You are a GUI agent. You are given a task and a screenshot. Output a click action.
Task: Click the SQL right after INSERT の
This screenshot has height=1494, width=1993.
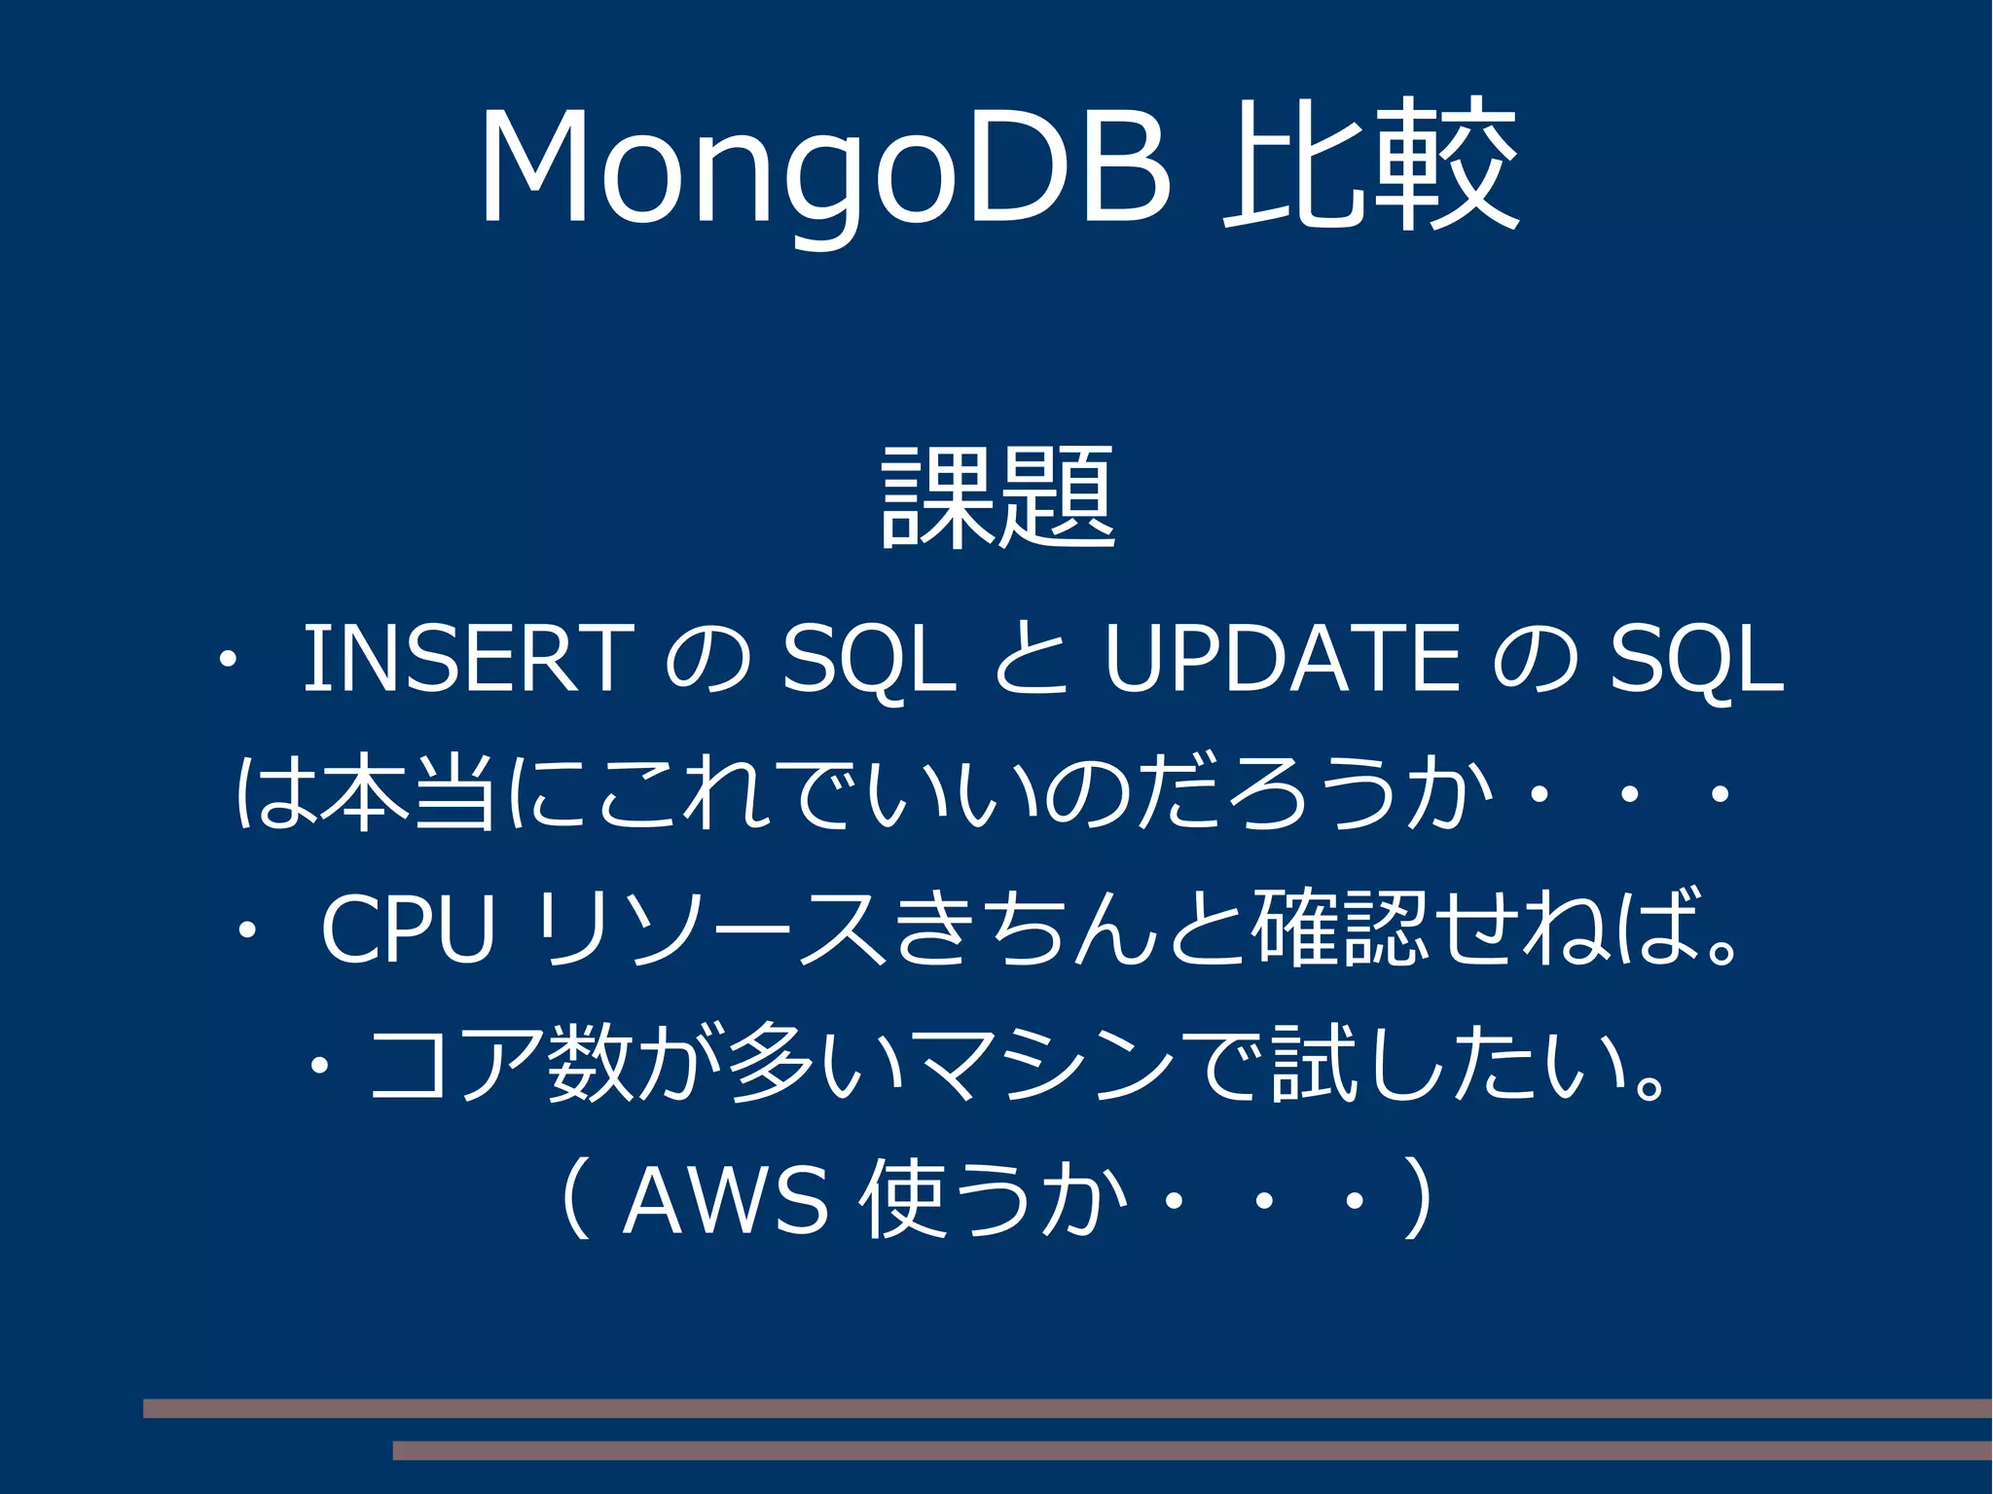[x=869, y=661]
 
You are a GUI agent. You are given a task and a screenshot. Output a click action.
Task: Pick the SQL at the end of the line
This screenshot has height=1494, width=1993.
[x=1696, y=661]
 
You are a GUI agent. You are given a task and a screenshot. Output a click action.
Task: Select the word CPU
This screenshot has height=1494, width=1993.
[x=408, y=929]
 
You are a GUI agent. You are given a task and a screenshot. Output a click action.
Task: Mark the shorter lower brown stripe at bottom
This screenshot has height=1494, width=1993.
[x=1192, y=1450]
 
